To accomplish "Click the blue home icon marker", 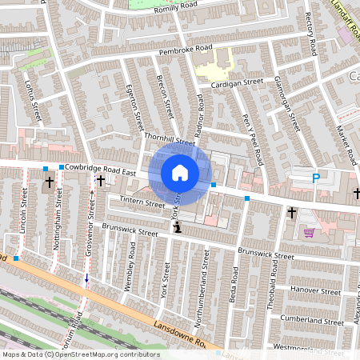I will [180, 172].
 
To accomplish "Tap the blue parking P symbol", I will [316, 178].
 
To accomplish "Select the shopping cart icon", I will [309, 233].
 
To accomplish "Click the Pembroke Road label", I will [186, 50].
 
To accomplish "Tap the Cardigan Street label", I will [238, 82].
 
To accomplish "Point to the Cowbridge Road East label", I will [102, 167].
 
